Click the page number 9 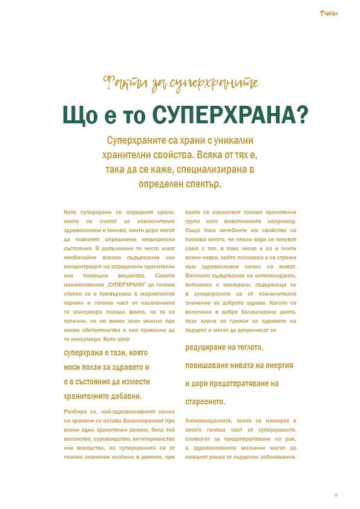click(336, 496)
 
